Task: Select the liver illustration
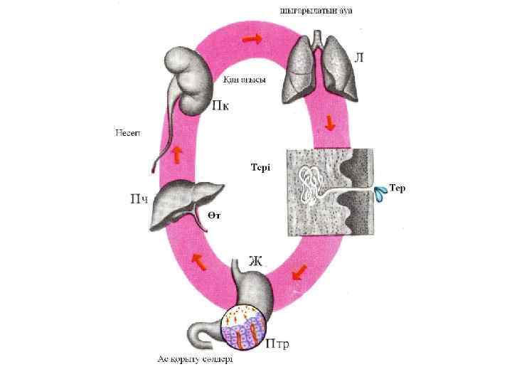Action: tap(186, 202)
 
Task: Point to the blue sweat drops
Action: tap(382, 191)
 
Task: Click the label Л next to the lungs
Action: tap(358, 58)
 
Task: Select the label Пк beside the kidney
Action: tap(221, 107)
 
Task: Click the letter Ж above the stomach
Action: tap(255, 260)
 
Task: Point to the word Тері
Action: tap(261, 167)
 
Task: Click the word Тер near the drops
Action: tap(397, 188)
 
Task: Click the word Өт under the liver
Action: tap(214, 214)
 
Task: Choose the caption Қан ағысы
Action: tap(244, 80)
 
